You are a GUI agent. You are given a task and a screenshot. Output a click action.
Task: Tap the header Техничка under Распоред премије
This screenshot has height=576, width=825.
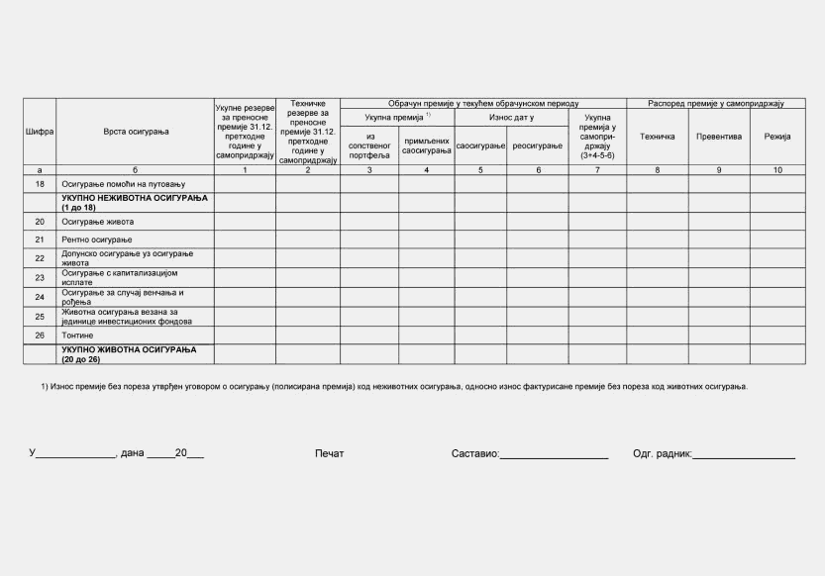[658, 136]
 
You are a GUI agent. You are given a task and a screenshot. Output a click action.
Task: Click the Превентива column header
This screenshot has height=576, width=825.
[719, 136]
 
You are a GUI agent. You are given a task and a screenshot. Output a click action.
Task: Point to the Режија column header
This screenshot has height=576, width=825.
[777, 136]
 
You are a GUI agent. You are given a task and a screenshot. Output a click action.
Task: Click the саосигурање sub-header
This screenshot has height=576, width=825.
[480, 145]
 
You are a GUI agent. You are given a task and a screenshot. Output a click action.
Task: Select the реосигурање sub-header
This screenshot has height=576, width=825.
[538, 145]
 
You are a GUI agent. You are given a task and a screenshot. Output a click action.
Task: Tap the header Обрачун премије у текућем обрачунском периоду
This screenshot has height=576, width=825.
[483, 103]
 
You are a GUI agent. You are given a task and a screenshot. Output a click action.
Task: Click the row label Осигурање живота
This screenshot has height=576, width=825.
[98, 222]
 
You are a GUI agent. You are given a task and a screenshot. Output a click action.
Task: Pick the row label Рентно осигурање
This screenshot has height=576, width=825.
[97, 240]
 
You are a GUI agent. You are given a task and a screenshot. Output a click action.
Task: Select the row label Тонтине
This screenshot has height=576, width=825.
[78, 336]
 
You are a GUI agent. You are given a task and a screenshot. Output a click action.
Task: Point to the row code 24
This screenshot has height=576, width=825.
[40, 297]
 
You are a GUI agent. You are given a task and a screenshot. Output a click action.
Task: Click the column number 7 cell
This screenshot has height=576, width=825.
[597, 170]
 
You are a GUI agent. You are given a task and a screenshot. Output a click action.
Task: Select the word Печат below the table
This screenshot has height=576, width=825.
[329, 454]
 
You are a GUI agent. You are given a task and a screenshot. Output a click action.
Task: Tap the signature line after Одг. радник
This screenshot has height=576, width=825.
[743, 455]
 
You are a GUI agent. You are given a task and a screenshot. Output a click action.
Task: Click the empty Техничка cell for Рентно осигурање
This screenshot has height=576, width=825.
[658, 240]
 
